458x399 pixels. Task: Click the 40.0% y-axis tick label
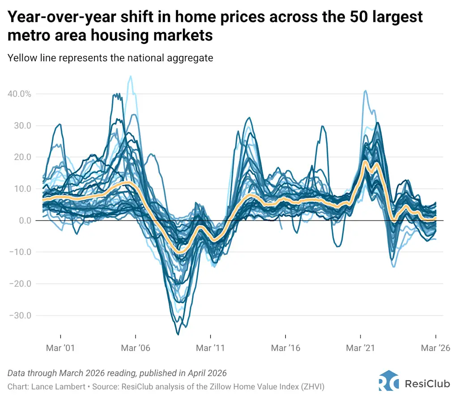[19, 94]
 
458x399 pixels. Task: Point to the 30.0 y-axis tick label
[21, 126]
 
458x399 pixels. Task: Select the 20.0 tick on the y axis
[21, 157]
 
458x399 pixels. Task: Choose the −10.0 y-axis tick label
[20, 252]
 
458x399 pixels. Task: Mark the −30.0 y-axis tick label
[20, 315]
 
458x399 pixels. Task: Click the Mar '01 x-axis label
[60, 348]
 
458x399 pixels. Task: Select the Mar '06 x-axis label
[135, 348]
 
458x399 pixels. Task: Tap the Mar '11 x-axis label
[210, 348]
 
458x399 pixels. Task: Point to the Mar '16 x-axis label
[285, 348]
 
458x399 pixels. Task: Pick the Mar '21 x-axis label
[360, 348]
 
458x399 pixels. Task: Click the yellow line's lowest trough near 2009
[180, 253]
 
